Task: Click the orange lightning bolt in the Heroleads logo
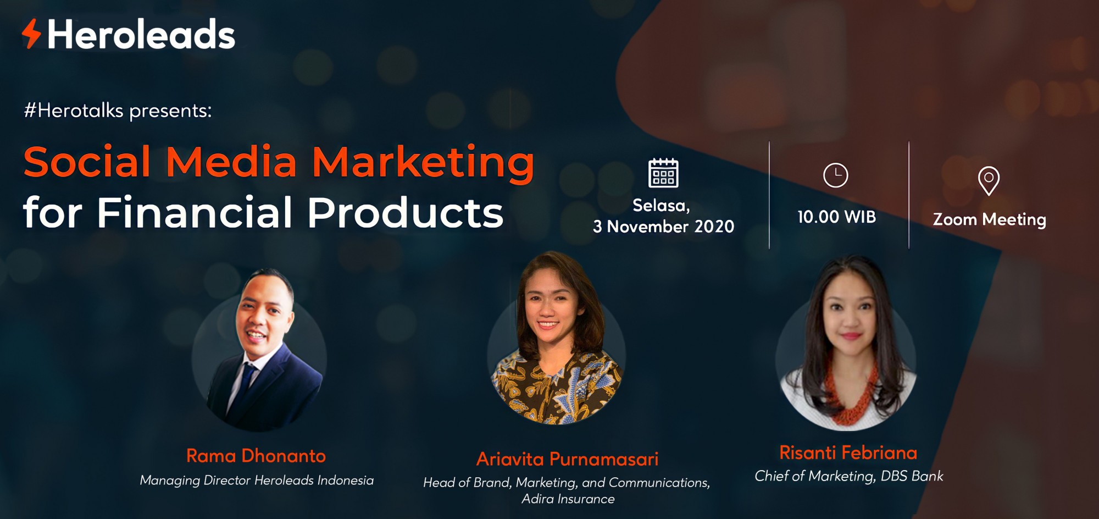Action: coord(31,34)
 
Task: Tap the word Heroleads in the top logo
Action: coord(141,35)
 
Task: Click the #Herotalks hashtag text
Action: coord(74,111)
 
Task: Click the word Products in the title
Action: coord(406,212)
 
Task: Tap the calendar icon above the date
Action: coord(663,173)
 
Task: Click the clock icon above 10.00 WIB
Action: coord(836,175)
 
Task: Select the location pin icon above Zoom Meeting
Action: coord(989,181)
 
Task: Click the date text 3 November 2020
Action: coord(663,227)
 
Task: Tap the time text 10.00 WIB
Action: coord(836,217)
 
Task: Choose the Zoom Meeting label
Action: coord(990,219)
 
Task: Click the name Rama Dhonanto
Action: coord(256,456)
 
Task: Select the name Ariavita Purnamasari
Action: coord(567,459)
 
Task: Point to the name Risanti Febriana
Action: coord(848,452)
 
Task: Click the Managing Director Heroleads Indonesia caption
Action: coord(257,481)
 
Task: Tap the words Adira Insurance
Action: coord(568,499)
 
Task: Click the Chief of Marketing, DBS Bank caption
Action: coord(849,476)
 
